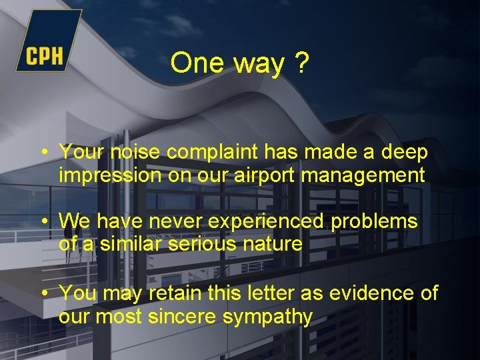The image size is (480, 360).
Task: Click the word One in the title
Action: coord(197,64)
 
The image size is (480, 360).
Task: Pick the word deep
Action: coord(404,153)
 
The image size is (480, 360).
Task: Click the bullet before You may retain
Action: coord(43,293)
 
